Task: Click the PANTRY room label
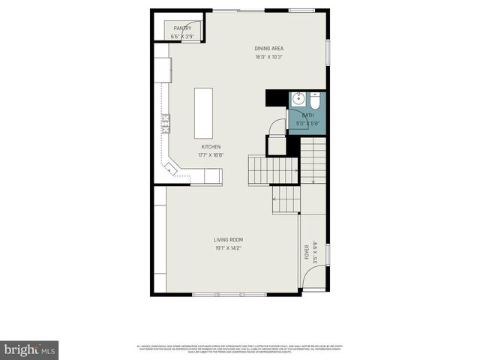[x=182, y=28]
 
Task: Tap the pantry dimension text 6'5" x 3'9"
[x=182, y=36]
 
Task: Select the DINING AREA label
[x=268, y=49]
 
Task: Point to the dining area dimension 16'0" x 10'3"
[x=268, y=57]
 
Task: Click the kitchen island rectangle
[x=203, y=113]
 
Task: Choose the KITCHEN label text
[x=211, y=147]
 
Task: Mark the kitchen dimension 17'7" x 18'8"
[x=211, y=155]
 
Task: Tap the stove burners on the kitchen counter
[x=165, y=119]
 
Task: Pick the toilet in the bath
[x=316, y=99]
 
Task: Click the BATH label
[x=307, y=115]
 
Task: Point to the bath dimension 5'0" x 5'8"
[x=307, y=124]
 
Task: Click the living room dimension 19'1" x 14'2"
[x=228, y=248]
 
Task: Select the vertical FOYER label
[x=307, y=253]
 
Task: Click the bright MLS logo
[x=30, y=349]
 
